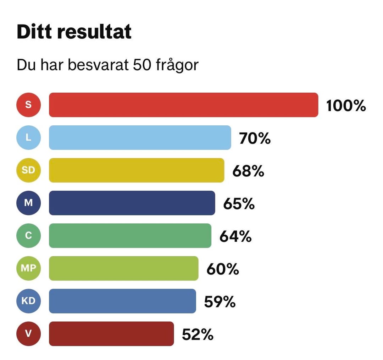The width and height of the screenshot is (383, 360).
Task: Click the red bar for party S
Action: point(183,105)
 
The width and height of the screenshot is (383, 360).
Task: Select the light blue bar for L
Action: point(140,137)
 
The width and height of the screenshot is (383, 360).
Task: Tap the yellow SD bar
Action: point(137,170)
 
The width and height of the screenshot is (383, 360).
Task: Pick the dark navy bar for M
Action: point(132,203)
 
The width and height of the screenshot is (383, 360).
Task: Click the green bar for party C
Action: point(130,235)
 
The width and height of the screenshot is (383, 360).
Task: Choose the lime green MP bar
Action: point(123,268)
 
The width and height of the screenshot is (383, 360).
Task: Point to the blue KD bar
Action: point(122,301)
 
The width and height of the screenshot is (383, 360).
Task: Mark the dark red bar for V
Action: point(111,333)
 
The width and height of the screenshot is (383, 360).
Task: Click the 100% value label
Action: point(346,105)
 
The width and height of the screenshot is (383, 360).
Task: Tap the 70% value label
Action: point(255,138)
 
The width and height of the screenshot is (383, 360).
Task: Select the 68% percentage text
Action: point(248,171)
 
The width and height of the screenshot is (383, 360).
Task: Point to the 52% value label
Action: point(198,334)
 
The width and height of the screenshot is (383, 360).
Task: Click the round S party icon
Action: point(28,105)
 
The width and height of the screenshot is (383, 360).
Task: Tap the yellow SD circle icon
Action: point(28,170)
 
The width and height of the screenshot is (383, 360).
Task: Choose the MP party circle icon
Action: point(28,268)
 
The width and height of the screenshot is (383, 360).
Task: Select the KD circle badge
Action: point(28,301)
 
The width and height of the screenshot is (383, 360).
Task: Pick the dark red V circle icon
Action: point(28,333)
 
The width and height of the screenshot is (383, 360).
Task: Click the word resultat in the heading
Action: point(94,32)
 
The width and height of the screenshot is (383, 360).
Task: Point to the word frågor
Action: point(177,66)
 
